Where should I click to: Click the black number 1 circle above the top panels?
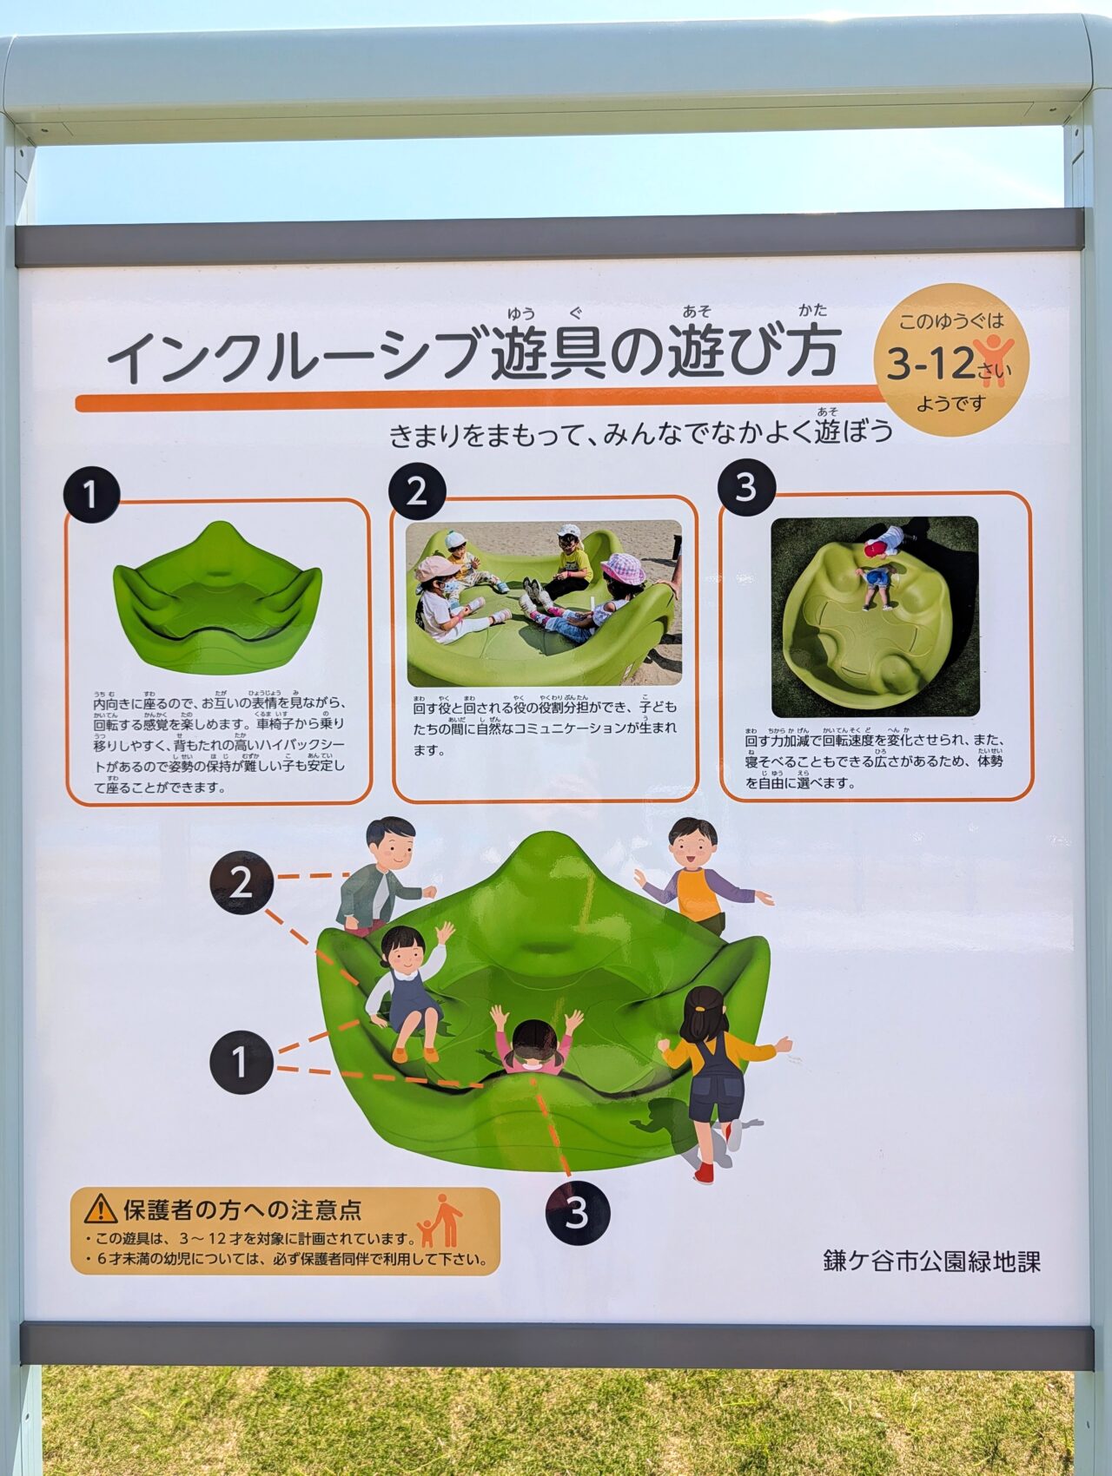click(90, 495)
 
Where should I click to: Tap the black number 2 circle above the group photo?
click(417, 491)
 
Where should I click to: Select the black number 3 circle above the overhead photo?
click(746, 486)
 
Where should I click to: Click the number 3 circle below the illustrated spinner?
click(577, 1212)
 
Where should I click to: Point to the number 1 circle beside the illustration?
click(241, 1061)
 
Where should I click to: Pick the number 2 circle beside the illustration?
click(241, 883)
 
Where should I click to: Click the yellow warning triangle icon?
click(101, 1208)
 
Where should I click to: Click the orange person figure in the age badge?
click(992, 356)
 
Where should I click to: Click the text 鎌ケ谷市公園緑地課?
click(931, 1261)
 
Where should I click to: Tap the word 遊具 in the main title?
click(547, 354)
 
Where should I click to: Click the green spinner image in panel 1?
click(217, 599)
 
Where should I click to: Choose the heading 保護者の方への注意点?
click(242, 1209)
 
